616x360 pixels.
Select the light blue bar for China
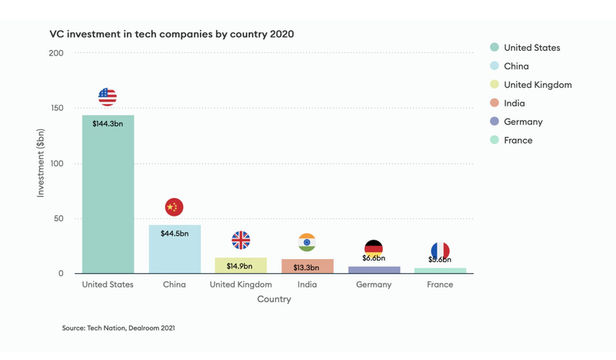[174, 249]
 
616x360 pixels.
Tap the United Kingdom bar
[241, 265]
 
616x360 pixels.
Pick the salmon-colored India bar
[307, 266]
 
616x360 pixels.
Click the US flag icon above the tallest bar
[108, 97]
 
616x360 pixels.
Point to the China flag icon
[174, 207]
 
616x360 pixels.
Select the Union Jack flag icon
[241, 240]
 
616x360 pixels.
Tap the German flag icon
[374, 248]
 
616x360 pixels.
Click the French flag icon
[440, 251]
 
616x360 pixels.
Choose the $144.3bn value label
[108, 123]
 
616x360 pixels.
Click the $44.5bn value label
[174, 233]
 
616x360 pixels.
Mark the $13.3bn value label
[307, 267]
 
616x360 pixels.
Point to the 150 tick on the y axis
[56, 108]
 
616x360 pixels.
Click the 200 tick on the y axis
[56, 53]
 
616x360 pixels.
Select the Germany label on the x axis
[374, 285]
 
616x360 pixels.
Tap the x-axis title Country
[274, 299]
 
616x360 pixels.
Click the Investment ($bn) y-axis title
[41, 163]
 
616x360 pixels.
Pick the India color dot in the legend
[494, 103]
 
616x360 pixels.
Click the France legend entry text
[518, 140]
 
